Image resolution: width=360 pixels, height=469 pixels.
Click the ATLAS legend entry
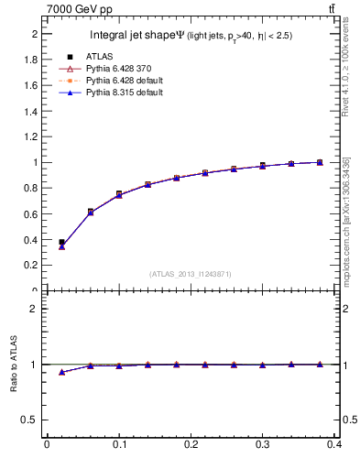(x=99, y=58)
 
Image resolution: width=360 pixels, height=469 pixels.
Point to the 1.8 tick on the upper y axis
(x=33, y=60)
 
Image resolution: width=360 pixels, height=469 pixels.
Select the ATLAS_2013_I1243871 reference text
(x=190, y=274)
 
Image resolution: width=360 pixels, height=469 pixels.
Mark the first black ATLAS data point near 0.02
(x=61, y=243)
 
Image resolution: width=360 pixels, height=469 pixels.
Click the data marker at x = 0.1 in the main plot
(x=119, y=194)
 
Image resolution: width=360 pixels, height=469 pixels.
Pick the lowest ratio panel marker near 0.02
(x=61, y=372)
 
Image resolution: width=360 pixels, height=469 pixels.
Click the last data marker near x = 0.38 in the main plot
(x=320, y=162)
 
